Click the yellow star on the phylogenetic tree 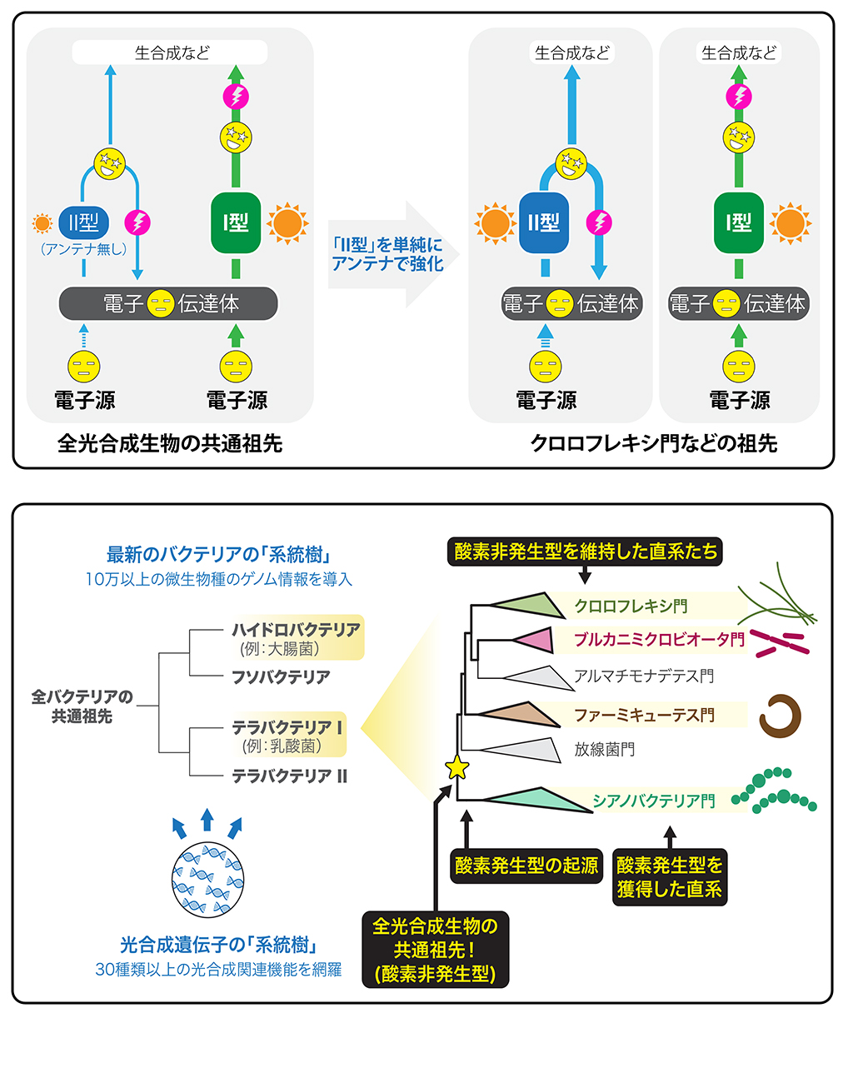(457, 767)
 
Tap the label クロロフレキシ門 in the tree (631, 606)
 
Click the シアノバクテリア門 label (653, 801)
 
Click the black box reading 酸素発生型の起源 (526, 866)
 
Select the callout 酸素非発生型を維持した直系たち (586, 551)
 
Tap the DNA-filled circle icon (207, 879)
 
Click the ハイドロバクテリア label (296, 629)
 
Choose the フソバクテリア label (281, 677)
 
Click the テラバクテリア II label (289, 776)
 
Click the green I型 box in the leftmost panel (236, 222)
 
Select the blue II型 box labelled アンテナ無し (83, 222)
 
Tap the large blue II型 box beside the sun (543, 222)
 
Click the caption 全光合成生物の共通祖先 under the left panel (170, 443)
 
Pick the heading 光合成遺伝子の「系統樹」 (218, 945)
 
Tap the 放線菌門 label (604, 749)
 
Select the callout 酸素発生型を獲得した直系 (669, 877)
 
